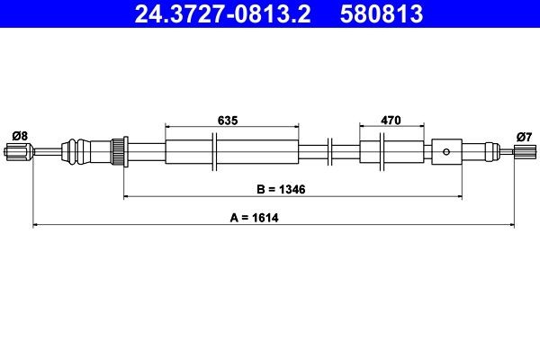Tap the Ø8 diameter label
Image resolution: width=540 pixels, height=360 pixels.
click(x=19, y=135)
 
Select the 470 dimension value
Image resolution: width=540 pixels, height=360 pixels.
click(x=390, y=120)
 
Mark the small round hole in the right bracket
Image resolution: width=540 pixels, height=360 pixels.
click(x=446, y=151)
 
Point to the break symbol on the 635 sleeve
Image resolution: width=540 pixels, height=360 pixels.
click(x=214, y=150)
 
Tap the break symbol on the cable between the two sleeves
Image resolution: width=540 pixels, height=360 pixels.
click(x=329, y=150)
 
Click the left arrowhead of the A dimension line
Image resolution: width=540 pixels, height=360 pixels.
click(x=36, y=224)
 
